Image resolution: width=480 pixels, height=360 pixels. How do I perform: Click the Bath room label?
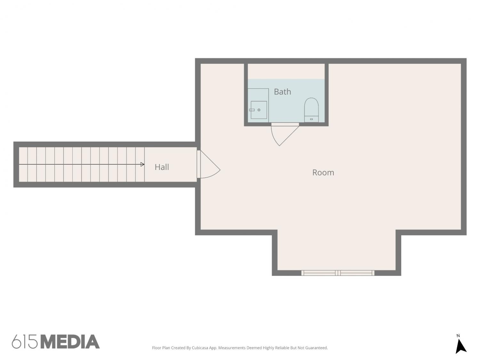[282, 92]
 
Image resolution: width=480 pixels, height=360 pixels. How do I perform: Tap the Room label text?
[323, 173]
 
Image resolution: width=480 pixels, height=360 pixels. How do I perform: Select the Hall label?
[162, 167]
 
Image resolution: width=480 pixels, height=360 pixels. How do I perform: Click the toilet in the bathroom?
[311, 110]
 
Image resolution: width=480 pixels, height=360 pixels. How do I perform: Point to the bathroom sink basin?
[259, 110]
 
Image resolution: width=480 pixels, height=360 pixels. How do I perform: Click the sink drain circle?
[259, 110]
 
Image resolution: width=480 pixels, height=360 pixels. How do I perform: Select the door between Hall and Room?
[208, 164]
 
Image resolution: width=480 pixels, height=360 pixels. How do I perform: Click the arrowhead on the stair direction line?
[142, 164]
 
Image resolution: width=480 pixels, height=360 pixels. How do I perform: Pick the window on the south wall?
[338, 273]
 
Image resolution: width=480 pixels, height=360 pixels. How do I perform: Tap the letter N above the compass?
[458, 336]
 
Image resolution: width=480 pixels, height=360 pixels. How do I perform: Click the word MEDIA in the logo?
[70, 342]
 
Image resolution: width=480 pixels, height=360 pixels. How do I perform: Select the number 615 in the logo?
[25, 342]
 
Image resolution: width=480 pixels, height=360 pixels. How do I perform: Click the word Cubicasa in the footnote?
[200, 348]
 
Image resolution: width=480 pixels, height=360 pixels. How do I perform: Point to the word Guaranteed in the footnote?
[316, 348]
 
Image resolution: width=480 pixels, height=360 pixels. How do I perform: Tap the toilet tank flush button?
[311, 119]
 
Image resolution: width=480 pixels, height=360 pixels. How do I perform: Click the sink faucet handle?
[252, 110]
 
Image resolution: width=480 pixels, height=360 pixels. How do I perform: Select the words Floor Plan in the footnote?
[161, 348]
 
